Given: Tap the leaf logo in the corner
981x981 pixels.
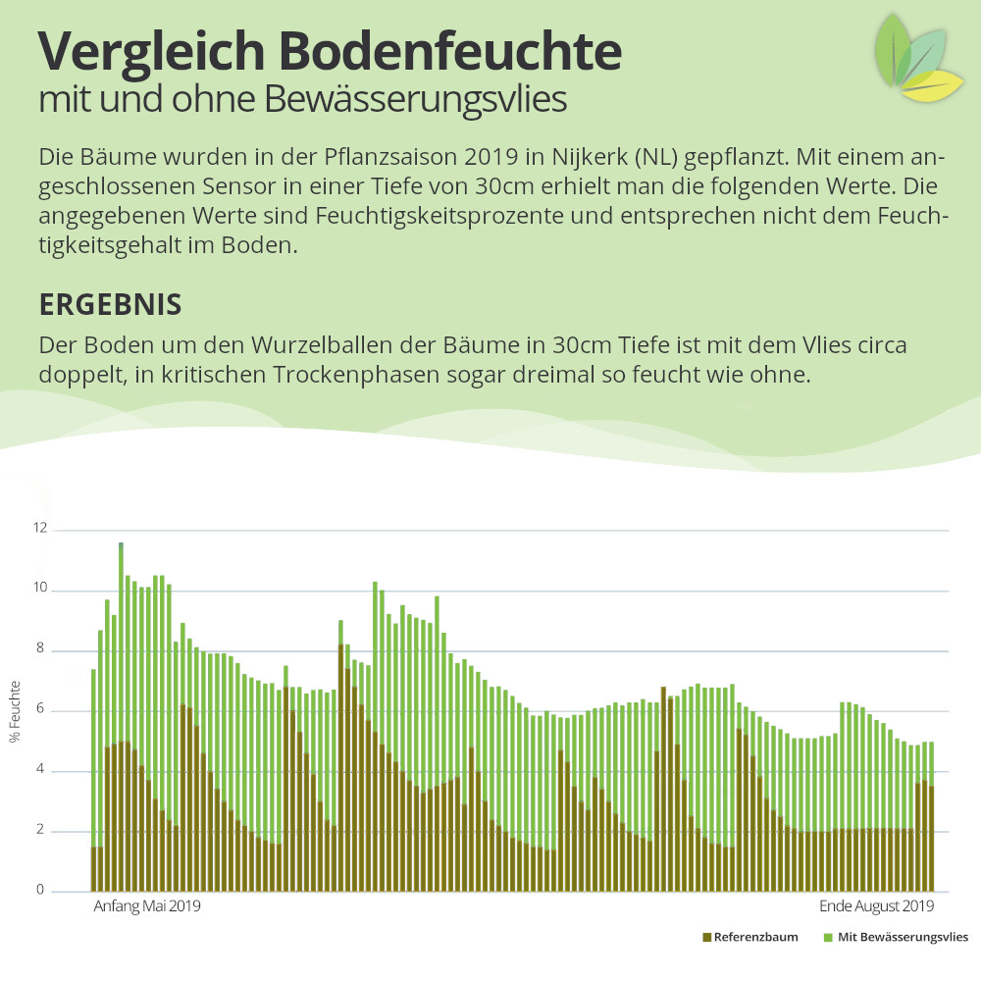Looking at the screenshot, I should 918,57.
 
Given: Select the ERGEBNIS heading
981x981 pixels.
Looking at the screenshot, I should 110,304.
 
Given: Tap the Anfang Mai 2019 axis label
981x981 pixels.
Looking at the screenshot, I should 147,906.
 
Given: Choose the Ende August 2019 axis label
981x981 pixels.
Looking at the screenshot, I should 876,906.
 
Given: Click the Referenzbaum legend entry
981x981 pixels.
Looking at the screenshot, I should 750,937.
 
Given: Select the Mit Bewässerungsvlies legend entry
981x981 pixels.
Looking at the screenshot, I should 896,937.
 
